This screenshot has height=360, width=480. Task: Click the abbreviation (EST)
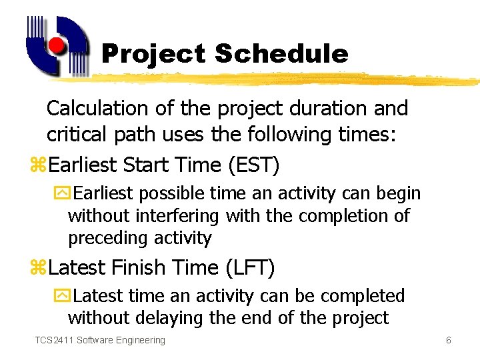pyautogui.click(x=253, y=165)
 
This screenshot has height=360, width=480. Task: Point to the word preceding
pyautogui.click(x=107, y=238)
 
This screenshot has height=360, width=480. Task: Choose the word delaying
pyautogui.click(x=174, y=318)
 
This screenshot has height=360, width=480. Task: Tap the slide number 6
pyautogui.click(x=449, y=340)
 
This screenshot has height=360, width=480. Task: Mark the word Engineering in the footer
pyautogui.click(x=140, y=340)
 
